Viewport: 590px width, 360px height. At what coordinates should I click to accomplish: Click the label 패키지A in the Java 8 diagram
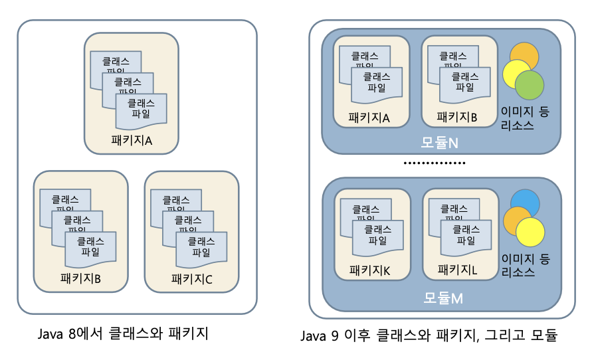(132, 141)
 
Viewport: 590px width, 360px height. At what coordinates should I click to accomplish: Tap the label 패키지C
(191, 279)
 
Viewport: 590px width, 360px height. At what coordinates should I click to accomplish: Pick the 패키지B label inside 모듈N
(457, 118)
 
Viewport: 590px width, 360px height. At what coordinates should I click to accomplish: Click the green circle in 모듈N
(530, 85)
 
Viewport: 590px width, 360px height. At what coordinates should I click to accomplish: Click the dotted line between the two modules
(435, 163)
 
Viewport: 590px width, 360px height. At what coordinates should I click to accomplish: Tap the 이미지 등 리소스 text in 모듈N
(526, 118)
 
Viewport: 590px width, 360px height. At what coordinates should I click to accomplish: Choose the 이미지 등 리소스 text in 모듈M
(526, 265)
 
